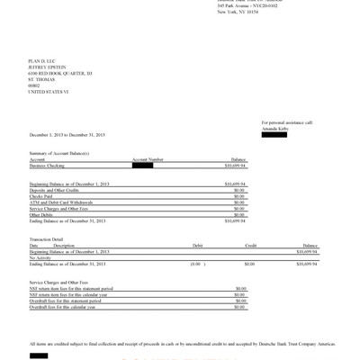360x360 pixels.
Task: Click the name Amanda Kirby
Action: [x=276, y=127]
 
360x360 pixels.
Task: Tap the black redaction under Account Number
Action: [x=142, y=165]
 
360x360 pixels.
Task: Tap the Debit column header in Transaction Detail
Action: [x=197, y=245]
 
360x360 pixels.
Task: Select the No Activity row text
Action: [x=40, y=257]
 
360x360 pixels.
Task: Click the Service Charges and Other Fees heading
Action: [x=63, y=283]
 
